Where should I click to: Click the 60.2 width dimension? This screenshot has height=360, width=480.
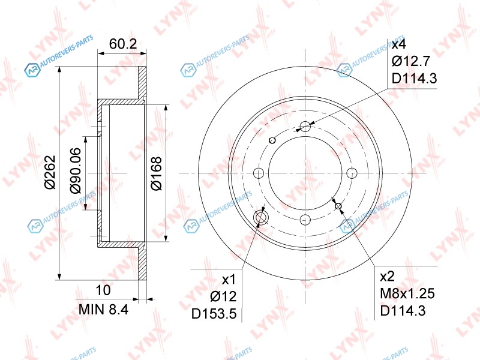[x=123, y=44]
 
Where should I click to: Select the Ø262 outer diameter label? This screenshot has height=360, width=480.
[x=50, y=173]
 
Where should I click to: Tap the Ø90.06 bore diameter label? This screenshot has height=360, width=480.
[x=76, y=171]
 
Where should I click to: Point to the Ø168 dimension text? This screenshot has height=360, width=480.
[x=156, y=173]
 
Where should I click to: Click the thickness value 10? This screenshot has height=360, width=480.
[x=103, y=290]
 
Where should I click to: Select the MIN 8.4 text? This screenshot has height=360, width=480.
[x=103, y=310]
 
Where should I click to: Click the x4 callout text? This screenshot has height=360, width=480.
[x=399, y=44]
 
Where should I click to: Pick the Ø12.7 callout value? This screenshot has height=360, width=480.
[x=411, y=61]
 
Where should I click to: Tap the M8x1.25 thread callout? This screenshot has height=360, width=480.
[x=407, y=293]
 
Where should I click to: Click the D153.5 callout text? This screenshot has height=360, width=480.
[x=214, y=314]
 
